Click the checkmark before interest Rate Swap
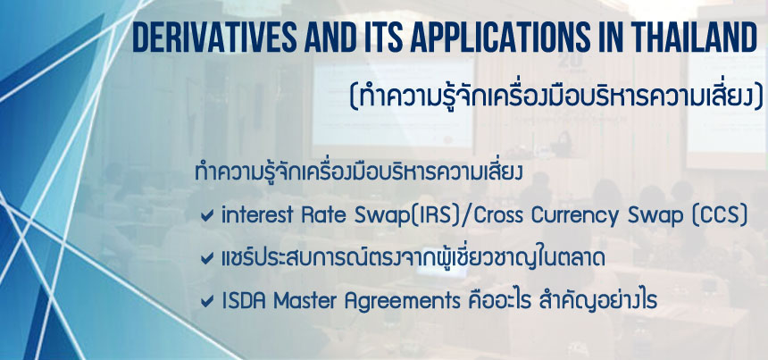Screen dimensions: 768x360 pos(207,216)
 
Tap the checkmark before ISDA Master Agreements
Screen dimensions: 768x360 pos(207,302)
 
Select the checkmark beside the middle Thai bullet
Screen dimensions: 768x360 pos(207,259)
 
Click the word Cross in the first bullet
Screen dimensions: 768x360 pos(498,216)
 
